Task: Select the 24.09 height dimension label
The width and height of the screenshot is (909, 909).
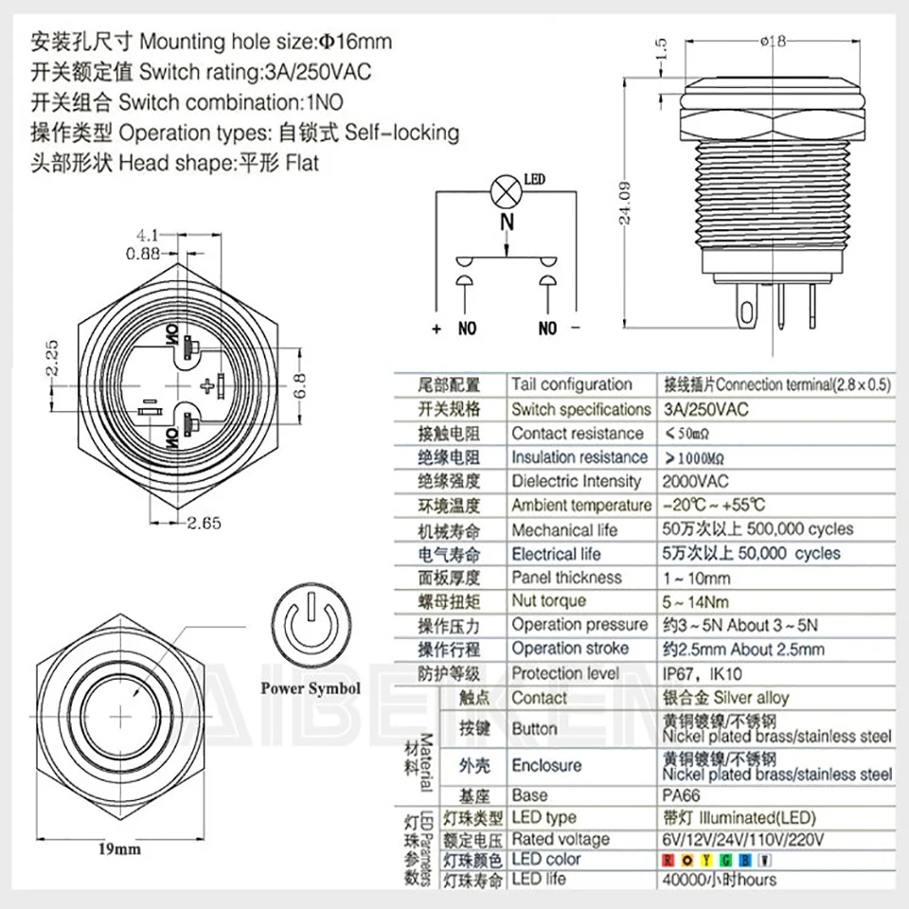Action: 622,205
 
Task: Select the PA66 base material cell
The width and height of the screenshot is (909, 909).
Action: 679,795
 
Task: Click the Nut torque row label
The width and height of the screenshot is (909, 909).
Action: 548,601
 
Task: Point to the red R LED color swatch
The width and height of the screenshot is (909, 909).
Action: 668,860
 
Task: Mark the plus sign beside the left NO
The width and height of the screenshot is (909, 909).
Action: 437,330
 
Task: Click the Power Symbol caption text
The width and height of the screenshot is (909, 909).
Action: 310,688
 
